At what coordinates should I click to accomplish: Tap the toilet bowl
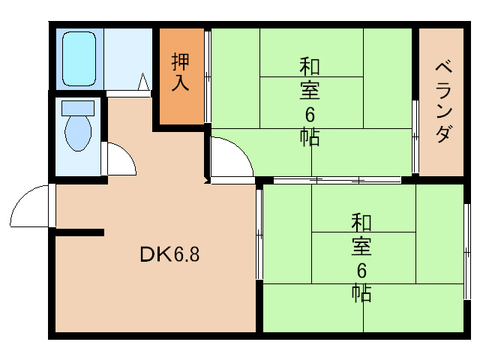pyautogui.click(x=77, y=133)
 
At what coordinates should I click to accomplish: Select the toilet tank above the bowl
pyautogui.click(x=76, y=107)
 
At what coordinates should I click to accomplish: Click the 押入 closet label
pyautogui.click(x=181, y=71)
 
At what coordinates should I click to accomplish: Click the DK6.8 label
pyautogui.click(x=169, y=255)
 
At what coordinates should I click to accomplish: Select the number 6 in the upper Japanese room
pyautogui.click(x=310, y=115)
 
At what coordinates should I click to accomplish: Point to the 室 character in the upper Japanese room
pyautogui.click(x=310, y=91)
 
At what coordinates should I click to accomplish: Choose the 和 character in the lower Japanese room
pyautogui.click(x=362, y=222)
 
